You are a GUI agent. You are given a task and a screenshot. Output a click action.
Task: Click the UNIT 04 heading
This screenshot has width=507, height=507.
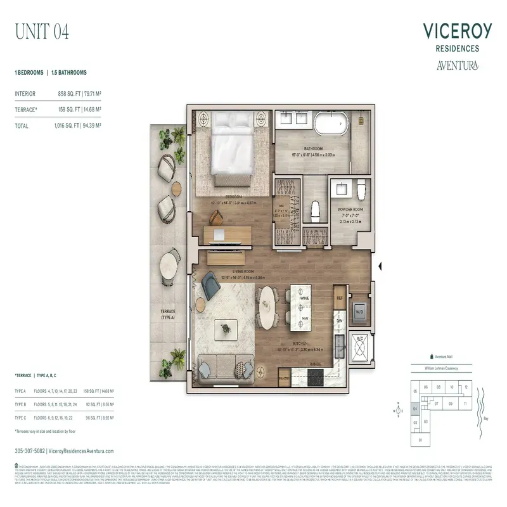click(x=42, y=30)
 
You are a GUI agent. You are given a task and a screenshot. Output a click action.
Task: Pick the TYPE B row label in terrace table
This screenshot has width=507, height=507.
click(x=20, y=403)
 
